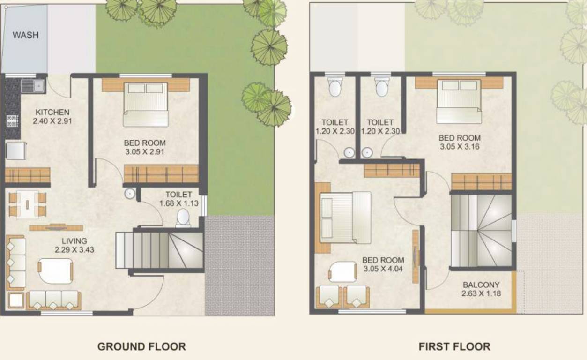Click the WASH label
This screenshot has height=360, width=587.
[x=25, y=35]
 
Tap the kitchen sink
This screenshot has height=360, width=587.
[x=32, y=86]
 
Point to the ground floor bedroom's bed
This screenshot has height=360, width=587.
[x=146, y=104]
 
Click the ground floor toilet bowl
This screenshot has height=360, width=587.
[x=183, y=217]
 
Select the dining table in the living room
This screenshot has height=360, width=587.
[x=28, y=204]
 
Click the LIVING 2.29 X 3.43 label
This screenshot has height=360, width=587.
[x=74, y=246]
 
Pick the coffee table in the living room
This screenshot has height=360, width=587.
[x=56, y=270]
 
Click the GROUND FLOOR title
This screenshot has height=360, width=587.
[x=141, y=347]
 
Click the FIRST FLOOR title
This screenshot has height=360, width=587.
[x=454, y=347]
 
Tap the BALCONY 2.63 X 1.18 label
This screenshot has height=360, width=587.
[x=481, y=289]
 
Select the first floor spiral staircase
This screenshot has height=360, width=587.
[x=481, y=231]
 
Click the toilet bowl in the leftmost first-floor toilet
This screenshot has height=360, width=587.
[x=334, y=87]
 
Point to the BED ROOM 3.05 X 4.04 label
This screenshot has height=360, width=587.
[x=383, y=265]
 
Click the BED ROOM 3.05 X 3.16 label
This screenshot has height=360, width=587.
[x=459, y=142]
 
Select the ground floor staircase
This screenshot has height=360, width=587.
[x=159, y=250]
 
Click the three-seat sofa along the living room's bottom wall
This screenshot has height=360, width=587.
[x=53, y=300]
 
